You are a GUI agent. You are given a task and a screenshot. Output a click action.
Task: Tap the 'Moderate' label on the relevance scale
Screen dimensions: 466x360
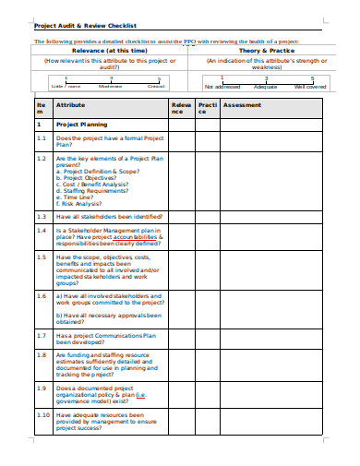click(111, 86)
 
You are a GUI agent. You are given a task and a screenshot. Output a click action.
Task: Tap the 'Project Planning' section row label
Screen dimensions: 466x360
click(82, 123)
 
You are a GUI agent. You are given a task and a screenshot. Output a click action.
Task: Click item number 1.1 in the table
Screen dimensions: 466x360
click(42, 137)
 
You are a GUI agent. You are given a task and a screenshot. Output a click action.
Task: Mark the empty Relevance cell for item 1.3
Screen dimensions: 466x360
click(181, 216)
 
